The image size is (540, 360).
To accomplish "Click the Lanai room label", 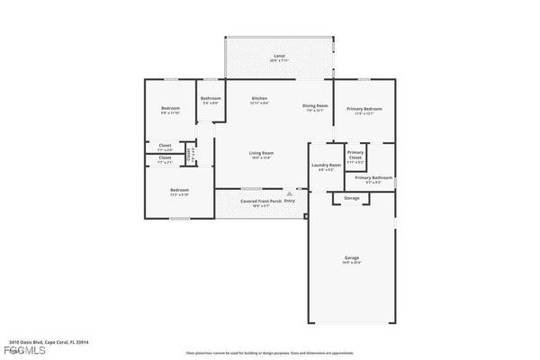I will click(x=279, y=57).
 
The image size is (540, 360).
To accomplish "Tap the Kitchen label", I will click(x=259, y=98).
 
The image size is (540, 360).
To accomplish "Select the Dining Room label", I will click(x=313, y=106).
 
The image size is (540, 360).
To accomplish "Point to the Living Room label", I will click(x=261, y=154).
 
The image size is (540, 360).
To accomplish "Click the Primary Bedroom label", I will click(x=364, y=110).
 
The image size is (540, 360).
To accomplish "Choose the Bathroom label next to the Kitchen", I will click(x=211, y=98).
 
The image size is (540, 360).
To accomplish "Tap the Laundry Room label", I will click(x=326, y=166).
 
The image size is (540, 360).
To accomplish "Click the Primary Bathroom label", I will click(x=373, y=178).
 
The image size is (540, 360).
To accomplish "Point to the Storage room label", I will click(x=351, y=198).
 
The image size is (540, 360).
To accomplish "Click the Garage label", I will click(x=351, y=257).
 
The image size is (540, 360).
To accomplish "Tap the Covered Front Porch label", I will click(x=261, y=202).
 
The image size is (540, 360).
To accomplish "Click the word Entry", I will click(x=289, y=201).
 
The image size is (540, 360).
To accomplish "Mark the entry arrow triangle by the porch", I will click(x=289, y=193).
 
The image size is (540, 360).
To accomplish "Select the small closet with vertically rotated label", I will click(x=189, y=154).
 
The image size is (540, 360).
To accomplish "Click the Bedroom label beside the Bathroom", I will click(x=170, y=109).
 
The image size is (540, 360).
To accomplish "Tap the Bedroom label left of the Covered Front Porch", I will click(x=180, y=190).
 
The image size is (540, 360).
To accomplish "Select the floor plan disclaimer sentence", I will click(x=270, y=354).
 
